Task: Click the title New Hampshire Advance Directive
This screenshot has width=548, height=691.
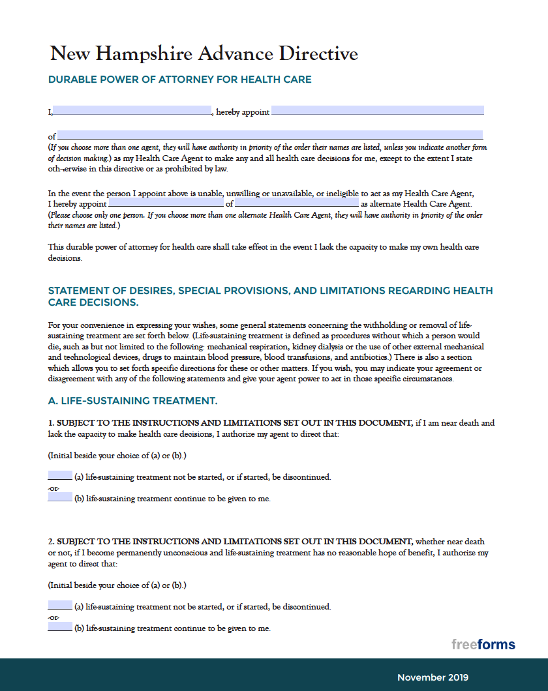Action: click(204, 53)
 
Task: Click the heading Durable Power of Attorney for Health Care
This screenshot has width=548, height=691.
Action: click(179, 80)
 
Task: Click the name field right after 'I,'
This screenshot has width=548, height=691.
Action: click(132, 111)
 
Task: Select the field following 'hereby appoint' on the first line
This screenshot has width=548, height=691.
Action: click(377, 111)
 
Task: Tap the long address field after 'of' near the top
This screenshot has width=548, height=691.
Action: click(270, 136)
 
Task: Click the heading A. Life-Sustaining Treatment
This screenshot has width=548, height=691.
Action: click(132, 400)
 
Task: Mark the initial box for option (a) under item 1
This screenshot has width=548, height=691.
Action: click(60, 476)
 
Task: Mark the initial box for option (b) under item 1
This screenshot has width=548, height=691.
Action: click(60, 498)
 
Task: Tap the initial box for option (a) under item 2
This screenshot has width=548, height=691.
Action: click(60, 606)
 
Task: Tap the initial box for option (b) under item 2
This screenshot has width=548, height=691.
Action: click(60, 628)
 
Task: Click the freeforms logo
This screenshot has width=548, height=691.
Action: click(483, 645)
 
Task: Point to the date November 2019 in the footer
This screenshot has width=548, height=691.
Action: click(433, 677)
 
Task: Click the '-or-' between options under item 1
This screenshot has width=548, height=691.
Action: click(53, 488)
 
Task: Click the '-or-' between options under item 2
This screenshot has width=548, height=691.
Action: click(53, 617)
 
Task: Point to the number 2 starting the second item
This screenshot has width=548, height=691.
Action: click(51, 542)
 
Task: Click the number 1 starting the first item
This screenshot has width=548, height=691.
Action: click(51, 423)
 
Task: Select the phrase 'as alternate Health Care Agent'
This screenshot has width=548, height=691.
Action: click(412, 204)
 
